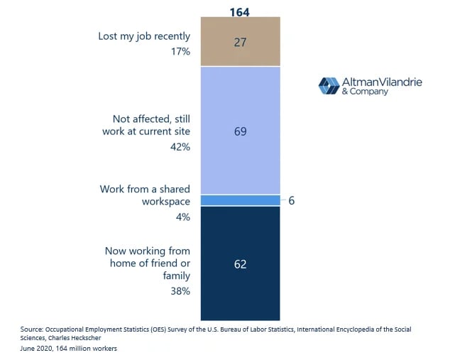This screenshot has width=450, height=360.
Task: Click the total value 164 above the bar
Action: (241, 10)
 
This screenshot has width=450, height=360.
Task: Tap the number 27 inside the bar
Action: (241, 43)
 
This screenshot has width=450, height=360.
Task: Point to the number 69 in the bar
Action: (241, 131)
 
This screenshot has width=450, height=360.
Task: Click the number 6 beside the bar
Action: (292, 200)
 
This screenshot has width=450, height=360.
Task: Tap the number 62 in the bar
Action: (241, 264)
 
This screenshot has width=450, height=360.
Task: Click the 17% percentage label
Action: (180, 52)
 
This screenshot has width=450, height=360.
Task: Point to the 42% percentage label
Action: (180, 147)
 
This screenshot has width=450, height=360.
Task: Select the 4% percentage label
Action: (183, 217)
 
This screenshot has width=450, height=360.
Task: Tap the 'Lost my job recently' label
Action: (144, 36)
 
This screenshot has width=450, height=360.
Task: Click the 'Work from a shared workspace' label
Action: (145, 195)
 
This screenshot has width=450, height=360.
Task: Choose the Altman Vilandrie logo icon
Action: (329, 86)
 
